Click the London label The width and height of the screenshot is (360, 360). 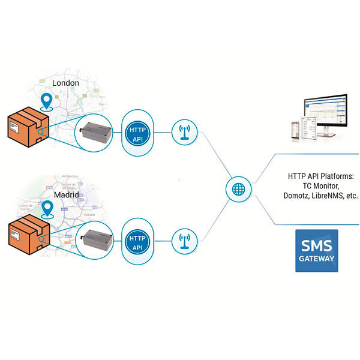click(x=66, y=83)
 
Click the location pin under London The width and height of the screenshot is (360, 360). click(x=46, y=100)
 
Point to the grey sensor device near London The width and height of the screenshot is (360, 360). click(x=96, y=131)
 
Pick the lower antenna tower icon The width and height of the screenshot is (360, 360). click(x=184, y=241)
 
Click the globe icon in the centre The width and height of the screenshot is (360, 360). click(x=238, y=188)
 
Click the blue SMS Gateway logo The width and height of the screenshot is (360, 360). click(x=316, y=250)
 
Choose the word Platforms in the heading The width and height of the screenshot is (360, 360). click(x=337, y=176)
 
